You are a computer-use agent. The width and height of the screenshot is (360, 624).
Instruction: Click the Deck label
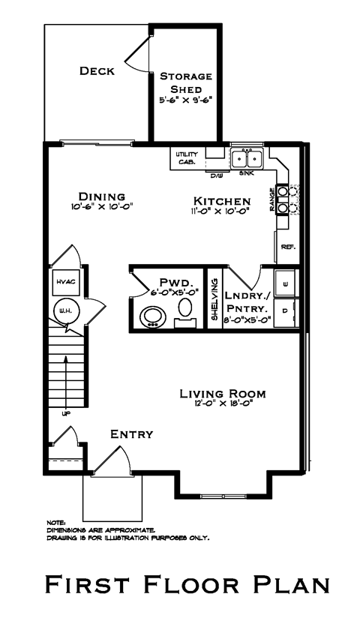coord(97,71)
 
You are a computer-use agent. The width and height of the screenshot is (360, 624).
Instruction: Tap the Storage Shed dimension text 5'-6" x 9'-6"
coord(185,99)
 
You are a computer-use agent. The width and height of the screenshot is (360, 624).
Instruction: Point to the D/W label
coord(216,175)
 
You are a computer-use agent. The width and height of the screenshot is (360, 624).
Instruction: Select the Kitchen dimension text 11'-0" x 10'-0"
coord(222,211)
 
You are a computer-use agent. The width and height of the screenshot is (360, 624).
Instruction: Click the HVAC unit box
coord(65,281)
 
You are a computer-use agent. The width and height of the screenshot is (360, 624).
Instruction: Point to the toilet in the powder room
coord(184,310)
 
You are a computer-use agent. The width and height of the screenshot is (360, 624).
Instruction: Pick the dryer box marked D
coord(286,310)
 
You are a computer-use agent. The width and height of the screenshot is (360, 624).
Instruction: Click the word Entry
coord(131,433)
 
